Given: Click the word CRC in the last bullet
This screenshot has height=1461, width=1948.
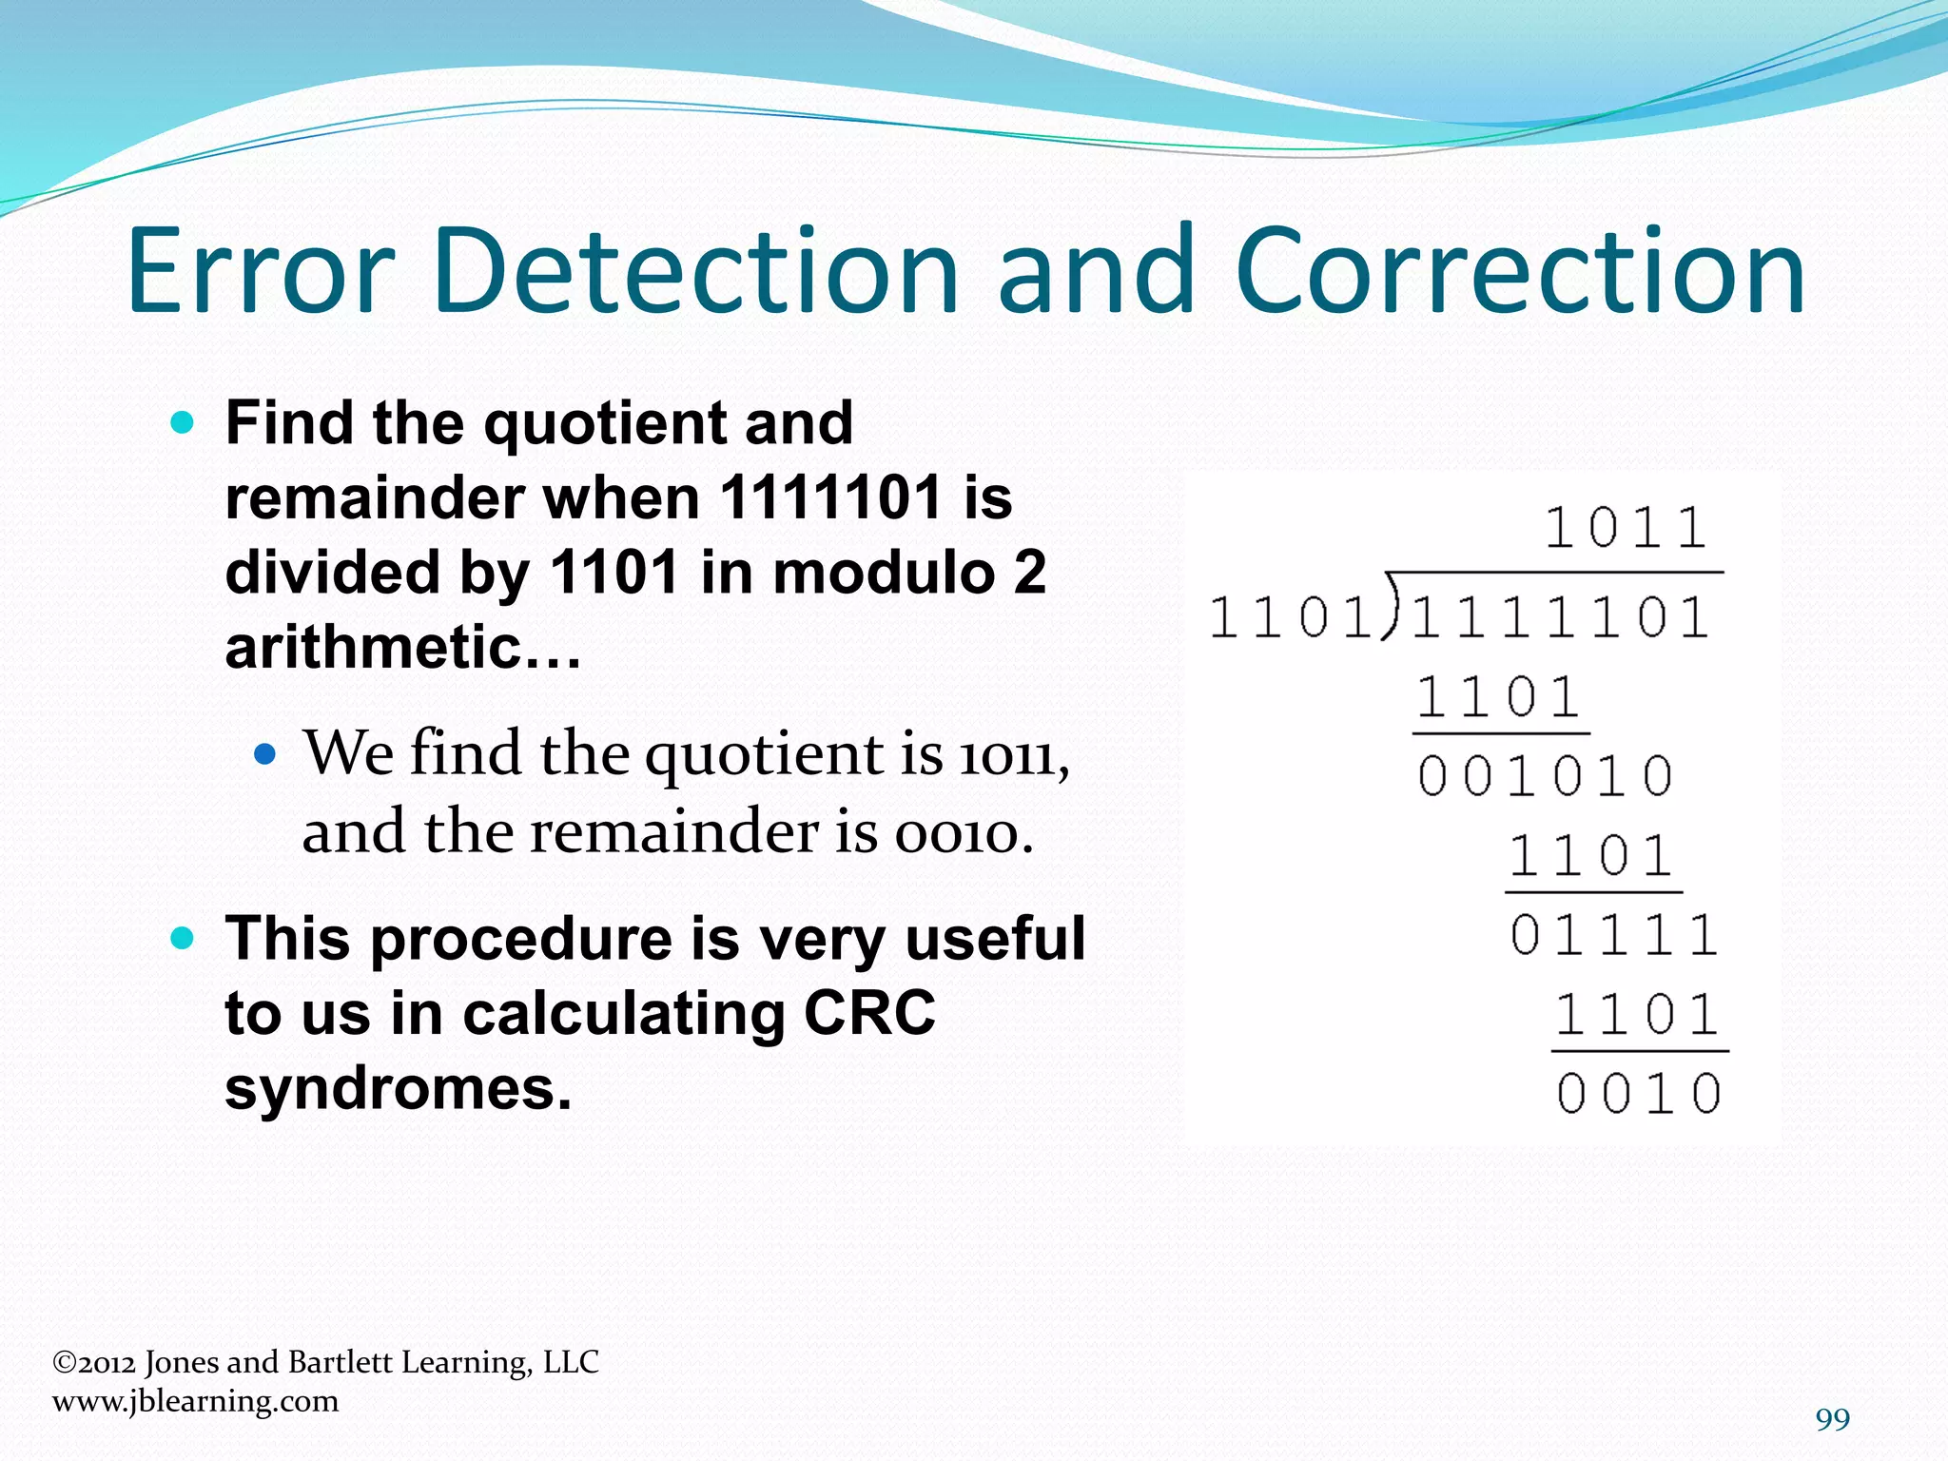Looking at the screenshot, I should (x=869, y=1012).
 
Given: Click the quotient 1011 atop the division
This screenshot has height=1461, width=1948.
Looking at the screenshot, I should (x=1626, y=529).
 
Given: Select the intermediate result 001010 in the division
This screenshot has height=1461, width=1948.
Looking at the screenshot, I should (x=1545, y=776).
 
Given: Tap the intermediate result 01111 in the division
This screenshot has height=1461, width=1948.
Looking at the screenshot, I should (x=1613, y=935).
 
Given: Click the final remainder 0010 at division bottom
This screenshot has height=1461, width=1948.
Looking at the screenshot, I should (x=1639, y=1094).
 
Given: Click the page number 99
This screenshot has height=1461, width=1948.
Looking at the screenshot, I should (x=1832, y=1419).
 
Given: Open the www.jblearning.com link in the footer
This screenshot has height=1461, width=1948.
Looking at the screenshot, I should (x=195, y=1401).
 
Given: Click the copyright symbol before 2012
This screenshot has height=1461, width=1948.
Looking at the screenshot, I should (x=64, y=1363).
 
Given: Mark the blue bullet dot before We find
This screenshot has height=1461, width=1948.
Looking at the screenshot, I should (x=265, y=755).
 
